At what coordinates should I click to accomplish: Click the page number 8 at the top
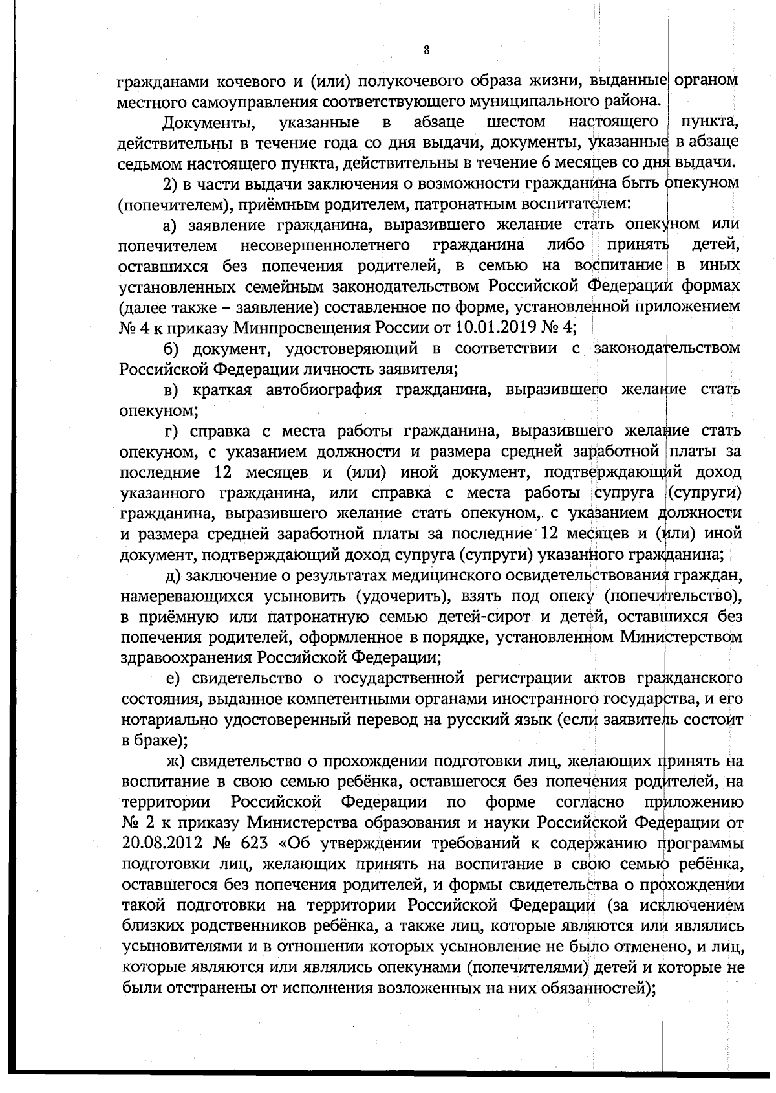click(426, 50)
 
